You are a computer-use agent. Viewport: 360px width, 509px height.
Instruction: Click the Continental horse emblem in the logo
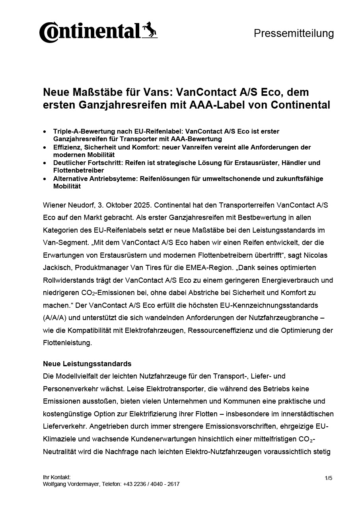tap(150, 30)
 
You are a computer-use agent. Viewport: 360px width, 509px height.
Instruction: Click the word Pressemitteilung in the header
tap(294, 33)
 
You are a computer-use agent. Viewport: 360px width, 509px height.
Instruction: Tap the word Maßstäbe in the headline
tap(91, 93)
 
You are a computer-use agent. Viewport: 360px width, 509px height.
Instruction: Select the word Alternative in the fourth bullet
tap(71, 179)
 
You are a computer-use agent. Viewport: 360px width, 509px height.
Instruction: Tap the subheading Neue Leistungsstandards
tap(87, 364)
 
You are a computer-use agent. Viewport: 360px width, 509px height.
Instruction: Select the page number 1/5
tap(328, 478)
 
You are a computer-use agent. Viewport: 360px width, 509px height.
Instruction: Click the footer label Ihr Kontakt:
tap(56, 477)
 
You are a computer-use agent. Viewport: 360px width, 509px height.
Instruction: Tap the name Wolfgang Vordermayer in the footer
tap(71, 484)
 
